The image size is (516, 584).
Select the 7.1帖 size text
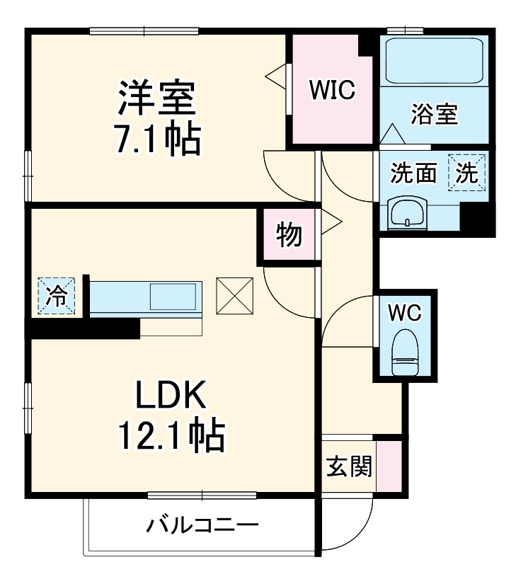(156, 140)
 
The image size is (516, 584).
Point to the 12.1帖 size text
(170, 437)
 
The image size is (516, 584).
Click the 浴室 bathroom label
(434, 114)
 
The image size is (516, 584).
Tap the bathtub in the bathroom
(432, 61)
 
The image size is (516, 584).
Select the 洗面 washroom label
(414, 173)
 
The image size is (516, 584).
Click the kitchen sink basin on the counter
(173, 296)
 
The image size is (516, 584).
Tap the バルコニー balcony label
(202, 526)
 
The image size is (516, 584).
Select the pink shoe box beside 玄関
(388, 466)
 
